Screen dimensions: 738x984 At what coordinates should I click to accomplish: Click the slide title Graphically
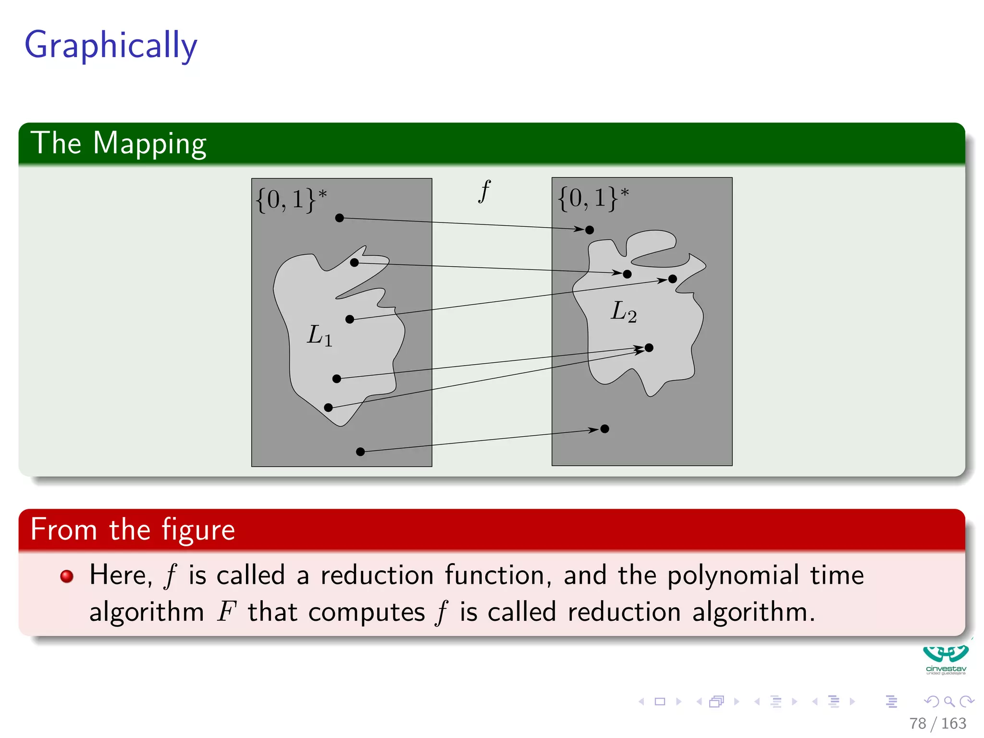point(111,45)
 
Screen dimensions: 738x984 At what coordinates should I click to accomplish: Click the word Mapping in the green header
point(149,144)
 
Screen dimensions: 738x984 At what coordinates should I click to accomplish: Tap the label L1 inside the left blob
point(320,335)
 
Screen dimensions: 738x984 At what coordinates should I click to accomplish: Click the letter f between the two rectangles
point(484,191)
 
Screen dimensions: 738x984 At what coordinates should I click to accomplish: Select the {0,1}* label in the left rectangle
point(291,199)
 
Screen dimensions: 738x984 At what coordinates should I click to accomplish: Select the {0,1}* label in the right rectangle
point(593,198)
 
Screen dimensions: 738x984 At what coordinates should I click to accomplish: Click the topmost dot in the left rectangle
point(340,218)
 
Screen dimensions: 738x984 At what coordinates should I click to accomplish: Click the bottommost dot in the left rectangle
point(360,452)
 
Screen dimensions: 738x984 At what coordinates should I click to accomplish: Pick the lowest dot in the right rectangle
point(605,429)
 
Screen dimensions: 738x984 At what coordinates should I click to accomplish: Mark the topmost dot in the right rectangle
point(590,230)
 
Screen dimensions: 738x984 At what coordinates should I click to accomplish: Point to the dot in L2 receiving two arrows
point(649,347)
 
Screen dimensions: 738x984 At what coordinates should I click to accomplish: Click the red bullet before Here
point(67,576)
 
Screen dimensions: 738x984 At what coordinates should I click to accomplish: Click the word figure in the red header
point(198,530)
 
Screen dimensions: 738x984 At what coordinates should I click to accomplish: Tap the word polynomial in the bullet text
point(733,576)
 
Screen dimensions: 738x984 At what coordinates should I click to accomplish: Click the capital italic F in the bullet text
point(227,612)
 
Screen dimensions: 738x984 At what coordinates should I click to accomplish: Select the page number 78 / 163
point(937,723)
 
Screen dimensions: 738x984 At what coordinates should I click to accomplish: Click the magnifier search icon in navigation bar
point(949,701)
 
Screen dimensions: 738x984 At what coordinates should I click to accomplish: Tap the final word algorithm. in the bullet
point(753,612)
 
